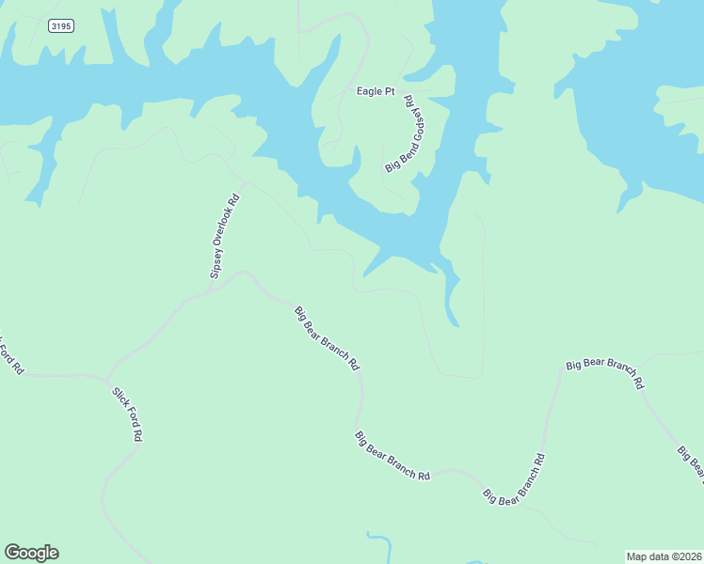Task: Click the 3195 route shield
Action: tap(60, 26)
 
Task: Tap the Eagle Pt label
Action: tap(376, 91)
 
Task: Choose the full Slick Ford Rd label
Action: tap(127, 415)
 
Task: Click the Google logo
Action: tap(31, 553)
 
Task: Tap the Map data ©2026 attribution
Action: tap(664, 556)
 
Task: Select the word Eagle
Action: tap(368, 91)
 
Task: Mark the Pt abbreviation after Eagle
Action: tap(389, 91)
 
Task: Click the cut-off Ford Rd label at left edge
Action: tap(9, 355)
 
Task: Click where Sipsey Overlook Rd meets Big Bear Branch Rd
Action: tap(209, 290)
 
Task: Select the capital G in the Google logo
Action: tap(11, 553)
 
